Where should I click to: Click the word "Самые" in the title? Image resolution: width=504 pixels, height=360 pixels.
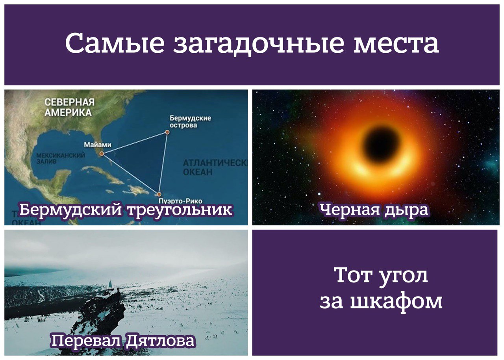(x=115, y=43)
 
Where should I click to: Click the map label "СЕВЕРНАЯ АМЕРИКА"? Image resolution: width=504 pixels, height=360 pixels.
(x=69, y=107)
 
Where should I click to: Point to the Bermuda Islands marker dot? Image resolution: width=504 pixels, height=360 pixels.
(x=167, y=132)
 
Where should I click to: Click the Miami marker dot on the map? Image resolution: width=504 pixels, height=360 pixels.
(x=102, y=154)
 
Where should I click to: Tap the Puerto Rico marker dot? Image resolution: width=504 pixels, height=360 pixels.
(x=159, y=194)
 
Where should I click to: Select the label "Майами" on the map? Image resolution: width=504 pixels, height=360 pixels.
(x=98, y=145)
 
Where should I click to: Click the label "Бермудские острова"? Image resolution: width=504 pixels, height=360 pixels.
(x=190, y=121)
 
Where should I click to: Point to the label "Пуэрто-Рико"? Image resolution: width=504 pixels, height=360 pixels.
(x=180, y=201)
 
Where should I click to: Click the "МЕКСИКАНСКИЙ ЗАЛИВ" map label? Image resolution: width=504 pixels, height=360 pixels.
(x=61, y=158)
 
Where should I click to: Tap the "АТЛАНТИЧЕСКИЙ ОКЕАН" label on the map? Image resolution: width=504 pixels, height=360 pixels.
(x=215, y=167)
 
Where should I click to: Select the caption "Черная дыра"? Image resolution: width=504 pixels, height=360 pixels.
(x=374, y=210)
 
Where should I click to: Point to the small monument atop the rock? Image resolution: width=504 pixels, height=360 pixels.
(x=110, y=284)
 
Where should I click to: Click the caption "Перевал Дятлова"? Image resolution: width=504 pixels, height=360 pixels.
(x=123, y=340)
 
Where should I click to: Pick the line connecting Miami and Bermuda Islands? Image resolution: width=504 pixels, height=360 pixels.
(x=134, y=143)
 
